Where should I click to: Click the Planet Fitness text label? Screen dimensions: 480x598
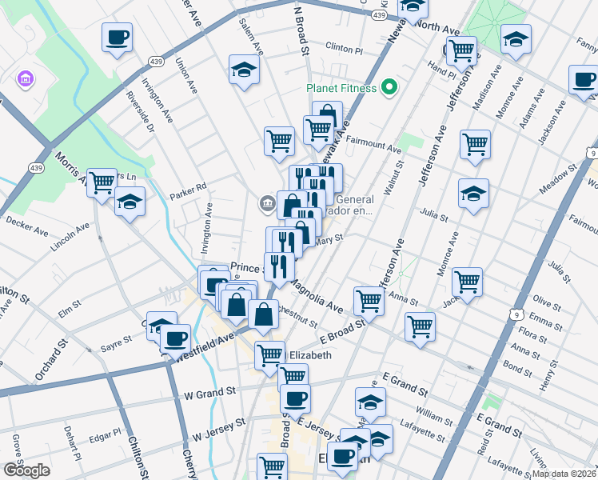(x=341, y=88)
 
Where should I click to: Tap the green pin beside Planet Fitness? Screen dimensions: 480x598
(x=389, y=86)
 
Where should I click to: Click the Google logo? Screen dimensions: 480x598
(x=26, y=470)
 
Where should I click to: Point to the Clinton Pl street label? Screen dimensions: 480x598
(x=345, y=49)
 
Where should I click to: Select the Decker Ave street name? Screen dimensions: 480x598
(x=26, y=228)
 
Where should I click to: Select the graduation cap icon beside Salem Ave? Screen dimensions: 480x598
(x=244, y=70)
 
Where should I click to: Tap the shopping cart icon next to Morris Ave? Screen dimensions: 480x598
(x=102, y=183)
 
